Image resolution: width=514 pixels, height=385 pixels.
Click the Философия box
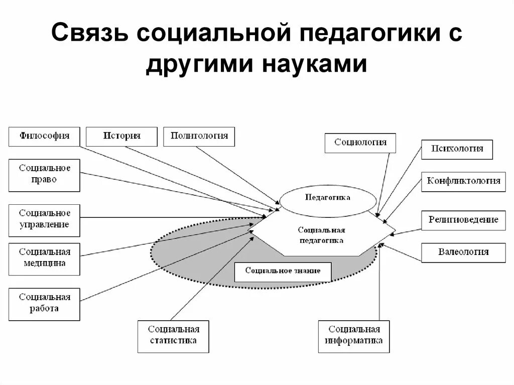44,136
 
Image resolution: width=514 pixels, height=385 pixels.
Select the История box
121,136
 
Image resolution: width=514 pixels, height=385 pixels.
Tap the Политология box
199,136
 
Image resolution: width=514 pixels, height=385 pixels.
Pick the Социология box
360,143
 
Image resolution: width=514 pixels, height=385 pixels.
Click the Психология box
457,149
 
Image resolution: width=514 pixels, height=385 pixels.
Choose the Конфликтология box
463,181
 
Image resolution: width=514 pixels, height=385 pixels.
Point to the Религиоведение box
463,220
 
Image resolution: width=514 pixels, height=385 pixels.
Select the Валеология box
463,252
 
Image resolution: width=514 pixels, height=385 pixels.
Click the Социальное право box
44,175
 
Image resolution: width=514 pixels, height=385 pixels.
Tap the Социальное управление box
44,219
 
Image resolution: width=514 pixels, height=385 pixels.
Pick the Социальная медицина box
44,258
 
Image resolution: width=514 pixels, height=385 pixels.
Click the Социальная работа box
44,303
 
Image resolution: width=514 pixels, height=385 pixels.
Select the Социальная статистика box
173,336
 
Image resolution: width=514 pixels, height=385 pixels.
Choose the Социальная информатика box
353,336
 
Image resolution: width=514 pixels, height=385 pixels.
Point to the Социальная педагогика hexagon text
321,235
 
